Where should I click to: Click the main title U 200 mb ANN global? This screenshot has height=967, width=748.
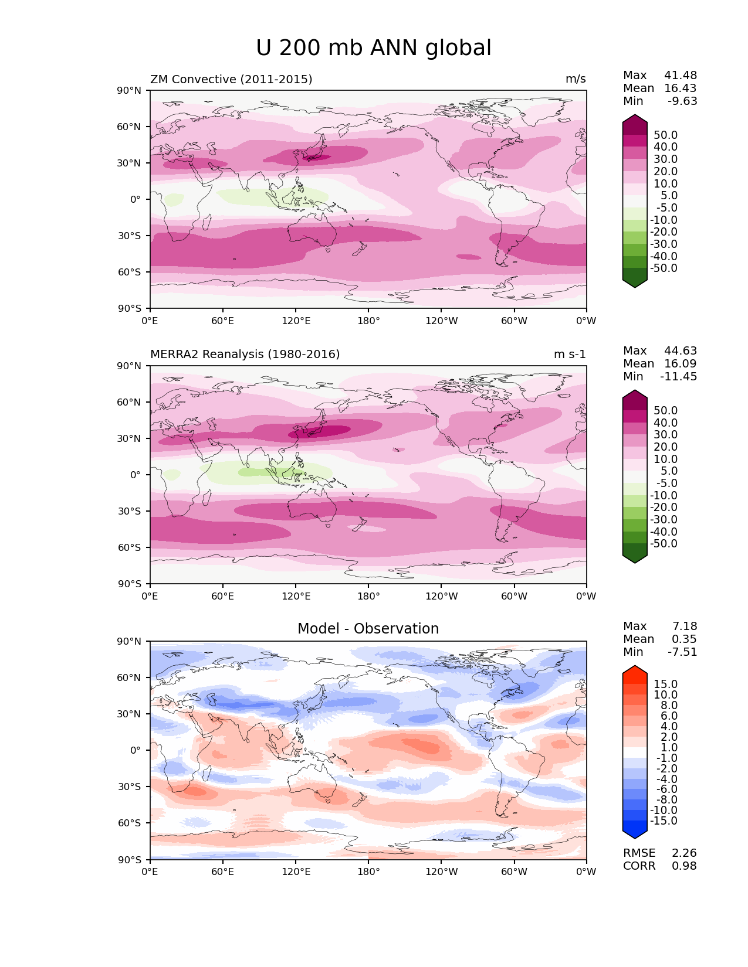tap(374, 48)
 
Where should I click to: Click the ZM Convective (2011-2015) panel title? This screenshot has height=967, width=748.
tap(231, 79)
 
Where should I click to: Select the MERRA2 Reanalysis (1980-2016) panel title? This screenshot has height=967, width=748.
tap(245, 355)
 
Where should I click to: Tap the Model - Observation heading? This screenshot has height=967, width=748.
tap(368, 629)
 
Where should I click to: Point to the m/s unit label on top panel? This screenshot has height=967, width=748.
tap(576, 79)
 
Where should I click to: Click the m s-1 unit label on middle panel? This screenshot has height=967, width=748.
tap(570, 355)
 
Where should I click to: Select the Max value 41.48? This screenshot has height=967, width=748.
tap(681, 76)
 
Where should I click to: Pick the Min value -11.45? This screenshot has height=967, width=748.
tap(679, 377)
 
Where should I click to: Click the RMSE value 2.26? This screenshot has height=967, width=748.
tap(684, 853)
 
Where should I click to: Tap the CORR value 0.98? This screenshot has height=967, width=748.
tap(684, 866)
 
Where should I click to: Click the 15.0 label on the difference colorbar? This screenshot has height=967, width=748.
tap(665, 685)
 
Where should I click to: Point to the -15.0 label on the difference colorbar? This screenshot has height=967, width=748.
tap(664, 821)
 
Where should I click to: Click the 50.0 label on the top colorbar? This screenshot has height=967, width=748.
tap(665, 135)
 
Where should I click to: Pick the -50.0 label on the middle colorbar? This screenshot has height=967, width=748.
tap(664, 544)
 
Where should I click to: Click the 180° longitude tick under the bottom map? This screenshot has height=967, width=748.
tap(368, 872)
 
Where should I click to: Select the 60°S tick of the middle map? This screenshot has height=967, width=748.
tap(130, 548)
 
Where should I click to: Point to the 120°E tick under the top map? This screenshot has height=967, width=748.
tap(296, 321)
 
